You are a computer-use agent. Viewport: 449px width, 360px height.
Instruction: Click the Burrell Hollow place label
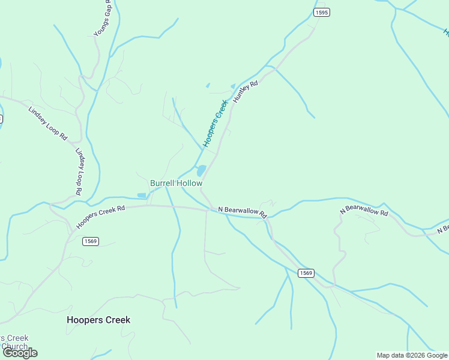[176, 183]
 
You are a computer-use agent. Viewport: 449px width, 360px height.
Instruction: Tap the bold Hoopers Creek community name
[98, 320]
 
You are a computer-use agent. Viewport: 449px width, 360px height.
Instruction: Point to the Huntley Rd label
[245, 92]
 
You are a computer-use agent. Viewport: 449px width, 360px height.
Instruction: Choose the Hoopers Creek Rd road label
[100, 217]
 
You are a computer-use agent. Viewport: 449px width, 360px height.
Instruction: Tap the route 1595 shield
[322, 12]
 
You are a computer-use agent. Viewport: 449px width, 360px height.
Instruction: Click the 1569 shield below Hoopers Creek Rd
[91, 241]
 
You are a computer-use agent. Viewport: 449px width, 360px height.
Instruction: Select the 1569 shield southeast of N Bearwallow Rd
[306, 273]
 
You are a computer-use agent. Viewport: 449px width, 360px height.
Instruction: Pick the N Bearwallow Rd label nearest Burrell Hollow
[242, 211]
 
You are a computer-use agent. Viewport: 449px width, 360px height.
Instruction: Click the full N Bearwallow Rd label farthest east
[364, 209]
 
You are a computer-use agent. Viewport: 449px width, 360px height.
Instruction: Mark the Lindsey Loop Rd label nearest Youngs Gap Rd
[47, 123]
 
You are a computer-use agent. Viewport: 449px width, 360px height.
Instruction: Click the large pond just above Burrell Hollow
[202, 171]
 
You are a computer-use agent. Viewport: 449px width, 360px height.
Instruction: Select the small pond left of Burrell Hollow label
[142, 195]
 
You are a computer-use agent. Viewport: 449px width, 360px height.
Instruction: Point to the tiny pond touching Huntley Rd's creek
[233, 86]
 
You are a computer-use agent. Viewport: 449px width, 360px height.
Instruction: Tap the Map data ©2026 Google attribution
[412, 355]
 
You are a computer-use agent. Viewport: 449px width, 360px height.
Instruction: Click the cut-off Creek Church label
[14, 343]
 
